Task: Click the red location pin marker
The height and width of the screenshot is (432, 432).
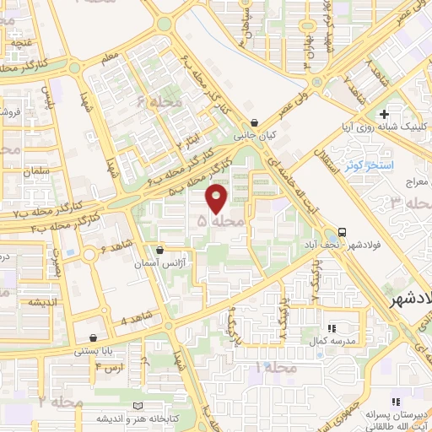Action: pos(217,198)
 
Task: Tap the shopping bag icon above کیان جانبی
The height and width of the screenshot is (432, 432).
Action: pos(255,121)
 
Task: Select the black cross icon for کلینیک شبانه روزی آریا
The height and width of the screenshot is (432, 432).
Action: pos(384,114)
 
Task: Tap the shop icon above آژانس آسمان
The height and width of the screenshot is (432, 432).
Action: pos(160,251)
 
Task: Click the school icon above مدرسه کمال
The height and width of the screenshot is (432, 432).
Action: pos(331,327)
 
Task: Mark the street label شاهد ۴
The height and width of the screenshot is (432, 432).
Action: pos(135,320)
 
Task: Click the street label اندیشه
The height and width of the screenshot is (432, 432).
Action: pos(18,301)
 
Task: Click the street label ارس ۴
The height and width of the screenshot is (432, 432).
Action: pos(110,368)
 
